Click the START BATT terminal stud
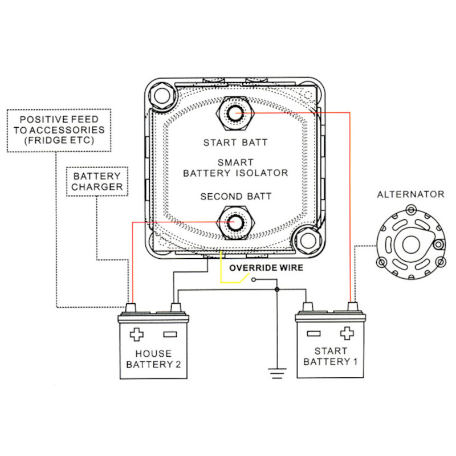(x=235, y=114)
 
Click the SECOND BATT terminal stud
(x=235, y=222)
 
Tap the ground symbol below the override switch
(x=276, y=373)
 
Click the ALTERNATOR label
(x=410, y=194)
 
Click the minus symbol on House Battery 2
(x=169, y=334)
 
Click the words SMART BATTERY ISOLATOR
(x=235, y=167)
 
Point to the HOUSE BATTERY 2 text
(x=153, y=359)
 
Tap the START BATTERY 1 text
(x=329, y=356)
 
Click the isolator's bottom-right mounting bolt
(x=308, y=241)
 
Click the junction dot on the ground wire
(x=276, y=290)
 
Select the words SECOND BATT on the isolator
(x=235, y=197)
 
